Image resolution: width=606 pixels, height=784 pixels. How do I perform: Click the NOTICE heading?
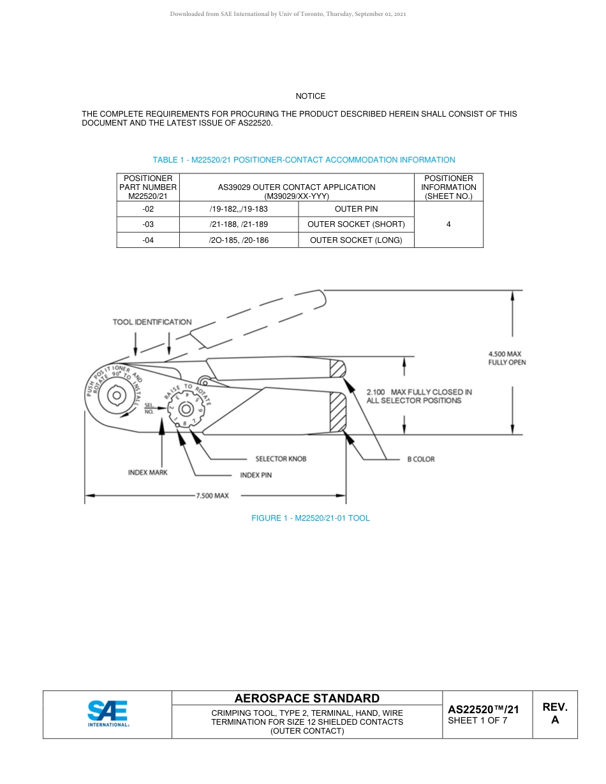click(310, 96)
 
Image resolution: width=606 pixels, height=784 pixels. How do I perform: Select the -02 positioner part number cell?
click(148, 209)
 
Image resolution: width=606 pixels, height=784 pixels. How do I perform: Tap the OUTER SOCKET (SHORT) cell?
click(356, 224)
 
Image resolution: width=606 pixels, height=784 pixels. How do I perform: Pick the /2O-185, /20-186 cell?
click(239, 240)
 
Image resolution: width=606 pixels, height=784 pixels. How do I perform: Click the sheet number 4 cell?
click(448, 224)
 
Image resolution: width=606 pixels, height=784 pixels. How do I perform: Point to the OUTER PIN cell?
click(356, 209)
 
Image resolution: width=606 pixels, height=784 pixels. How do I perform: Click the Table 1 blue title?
click(304, 160)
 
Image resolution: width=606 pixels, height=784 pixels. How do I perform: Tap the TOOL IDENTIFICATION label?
click(152, 322)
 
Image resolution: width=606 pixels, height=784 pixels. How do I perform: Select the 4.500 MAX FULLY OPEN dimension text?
click(506, 358)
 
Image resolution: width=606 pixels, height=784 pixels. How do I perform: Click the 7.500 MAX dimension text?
click(212, 495)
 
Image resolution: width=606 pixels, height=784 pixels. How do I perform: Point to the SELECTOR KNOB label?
click(281, 459)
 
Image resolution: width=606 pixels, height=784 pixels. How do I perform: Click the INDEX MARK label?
click(147, 473)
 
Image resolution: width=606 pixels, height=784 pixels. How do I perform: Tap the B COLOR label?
click(420, 459)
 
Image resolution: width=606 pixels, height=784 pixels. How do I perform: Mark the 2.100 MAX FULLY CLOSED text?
click(418, 396)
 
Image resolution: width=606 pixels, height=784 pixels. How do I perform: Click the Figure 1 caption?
click(310, 518)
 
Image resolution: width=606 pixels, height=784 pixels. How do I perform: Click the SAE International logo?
click(108, 714)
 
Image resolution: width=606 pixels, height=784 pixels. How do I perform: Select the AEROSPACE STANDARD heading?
click(307, 699)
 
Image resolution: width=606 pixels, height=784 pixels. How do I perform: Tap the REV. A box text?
click(554, 713)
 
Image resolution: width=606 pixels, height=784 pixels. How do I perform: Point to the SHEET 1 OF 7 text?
click(478, 721)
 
